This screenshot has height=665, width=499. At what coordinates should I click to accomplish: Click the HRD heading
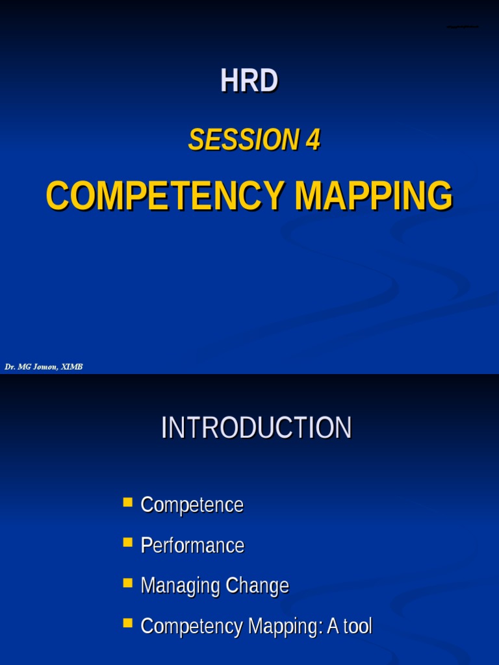pyautogui.click(x=249, y=81)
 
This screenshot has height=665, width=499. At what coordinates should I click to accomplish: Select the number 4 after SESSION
pyautogui.click(x=313, y=140)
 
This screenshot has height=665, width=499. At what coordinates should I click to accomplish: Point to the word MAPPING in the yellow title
pyautogui.click(x=373, y=195)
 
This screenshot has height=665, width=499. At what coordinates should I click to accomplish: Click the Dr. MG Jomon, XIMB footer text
pyautogui.click(x=44, y=368)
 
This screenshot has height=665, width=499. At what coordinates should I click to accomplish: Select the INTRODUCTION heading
pyautogui.click(x=256, y=429)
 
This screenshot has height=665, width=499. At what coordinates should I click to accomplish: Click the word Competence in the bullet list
pyautogui.click(x=192, y=505)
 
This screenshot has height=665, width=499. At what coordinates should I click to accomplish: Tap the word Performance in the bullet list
pyautogui.click(x=192, y=546)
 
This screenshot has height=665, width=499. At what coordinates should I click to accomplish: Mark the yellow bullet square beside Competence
pyautogui.click(x=127, y=502)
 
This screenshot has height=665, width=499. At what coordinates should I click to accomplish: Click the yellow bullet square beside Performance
pyautogui.click(x=127, y=542)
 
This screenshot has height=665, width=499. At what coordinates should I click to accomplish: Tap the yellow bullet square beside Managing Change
pyautogui.click(x=127, y=583)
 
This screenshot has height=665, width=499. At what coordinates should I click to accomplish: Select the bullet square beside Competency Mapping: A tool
pyautogui.click(x=127, y=623)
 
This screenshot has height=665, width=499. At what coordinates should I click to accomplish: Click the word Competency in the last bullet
pyautogui.click(x=192, y=626)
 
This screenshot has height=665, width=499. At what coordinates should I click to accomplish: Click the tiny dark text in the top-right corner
pyautogui.click(x=462, y=27)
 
